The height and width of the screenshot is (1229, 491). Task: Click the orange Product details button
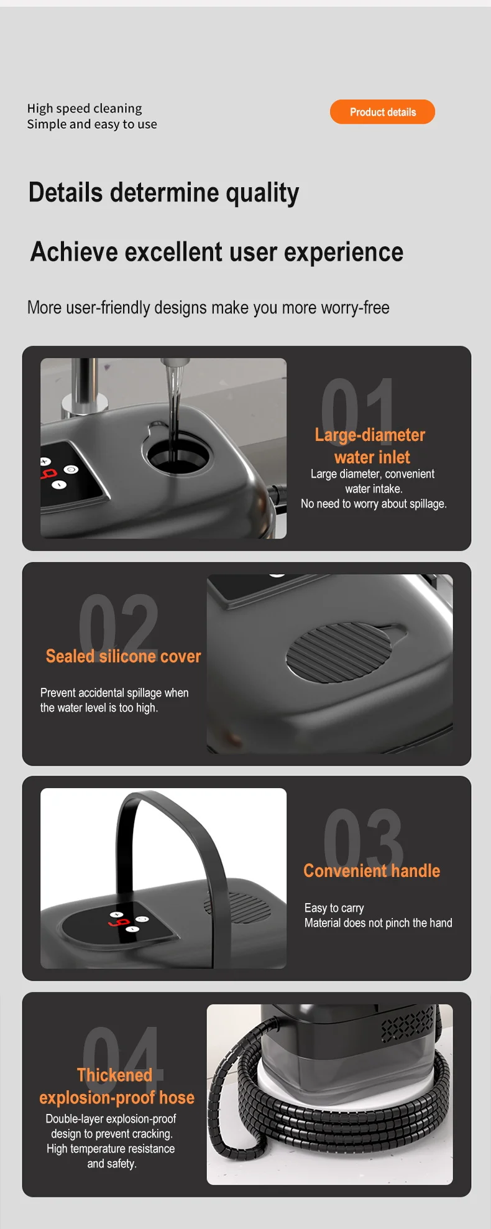[x=382, y=112]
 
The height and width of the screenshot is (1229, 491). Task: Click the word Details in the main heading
[x=65, y=192]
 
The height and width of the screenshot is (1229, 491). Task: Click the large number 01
[x=358, y=404]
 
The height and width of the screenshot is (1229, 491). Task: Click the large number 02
[x=118, y=621]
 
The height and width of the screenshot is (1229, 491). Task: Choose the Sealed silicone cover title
[x=123, y=656]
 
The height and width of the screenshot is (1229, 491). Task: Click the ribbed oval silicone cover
[x=339, y=652]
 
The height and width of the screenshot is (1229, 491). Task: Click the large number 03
[x=364, y=836]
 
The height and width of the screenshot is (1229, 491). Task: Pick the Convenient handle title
[x=372, y=871]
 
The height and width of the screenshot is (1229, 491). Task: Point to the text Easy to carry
[x=334, y=908]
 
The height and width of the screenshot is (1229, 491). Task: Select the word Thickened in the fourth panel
[x=115, y=1075]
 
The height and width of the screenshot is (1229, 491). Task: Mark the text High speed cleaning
[x=85, y=108]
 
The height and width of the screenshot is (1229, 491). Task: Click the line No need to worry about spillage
[x=374, y=504]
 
